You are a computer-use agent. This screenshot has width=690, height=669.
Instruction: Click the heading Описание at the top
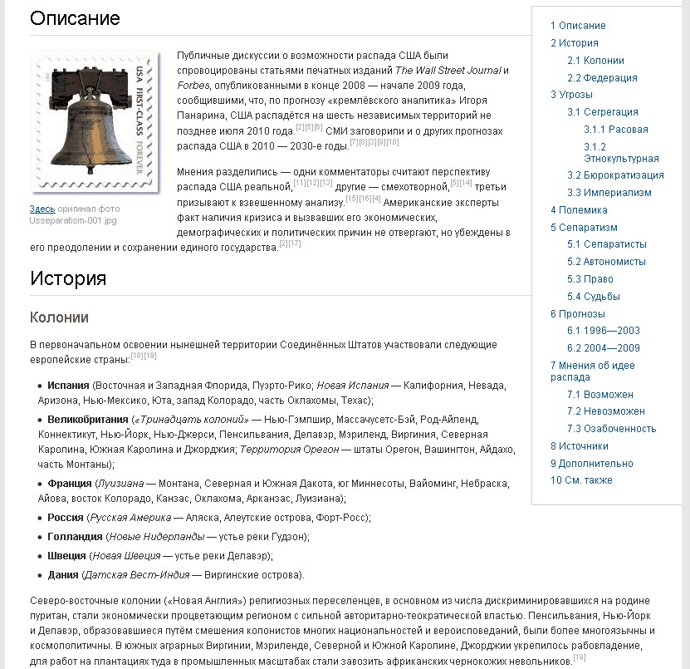(x=75, y=18)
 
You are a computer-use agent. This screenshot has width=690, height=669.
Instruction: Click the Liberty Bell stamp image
(x=95, y=122)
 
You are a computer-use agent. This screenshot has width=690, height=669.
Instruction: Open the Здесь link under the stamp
(x=42, y=209)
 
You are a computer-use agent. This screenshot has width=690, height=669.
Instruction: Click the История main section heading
(x=68, y=278)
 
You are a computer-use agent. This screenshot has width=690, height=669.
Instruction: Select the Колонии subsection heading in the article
(x=59, y=317)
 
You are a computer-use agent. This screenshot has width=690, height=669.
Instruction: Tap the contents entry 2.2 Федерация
(x=602, y=78)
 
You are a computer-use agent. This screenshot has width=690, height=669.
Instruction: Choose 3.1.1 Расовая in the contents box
(x=615, y=130)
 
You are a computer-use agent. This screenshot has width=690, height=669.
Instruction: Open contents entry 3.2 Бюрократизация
(x=615, y=175)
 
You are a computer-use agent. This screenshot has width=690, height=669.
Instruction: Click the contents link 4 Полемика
(x=579, y=210)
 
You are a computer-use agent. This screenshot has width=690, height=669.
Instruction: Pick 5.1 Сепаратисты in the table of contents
(x=606, y=244)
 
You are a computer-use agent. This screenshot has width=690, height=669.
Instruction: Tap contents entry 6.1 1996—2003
(x=603, y=331)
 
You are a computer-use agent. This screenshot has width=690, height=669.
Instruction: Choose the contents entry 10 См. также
(x=581, y=480)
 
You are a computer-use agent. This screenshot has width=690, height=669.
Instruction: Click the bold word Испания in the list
(x=68, y=386)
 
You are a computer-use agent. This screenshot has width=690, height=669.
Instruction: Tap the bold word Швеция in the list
(x=67, y=556)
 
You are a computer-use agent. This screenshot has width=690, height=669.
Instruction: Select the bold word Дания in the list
(x=63, y=574)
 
